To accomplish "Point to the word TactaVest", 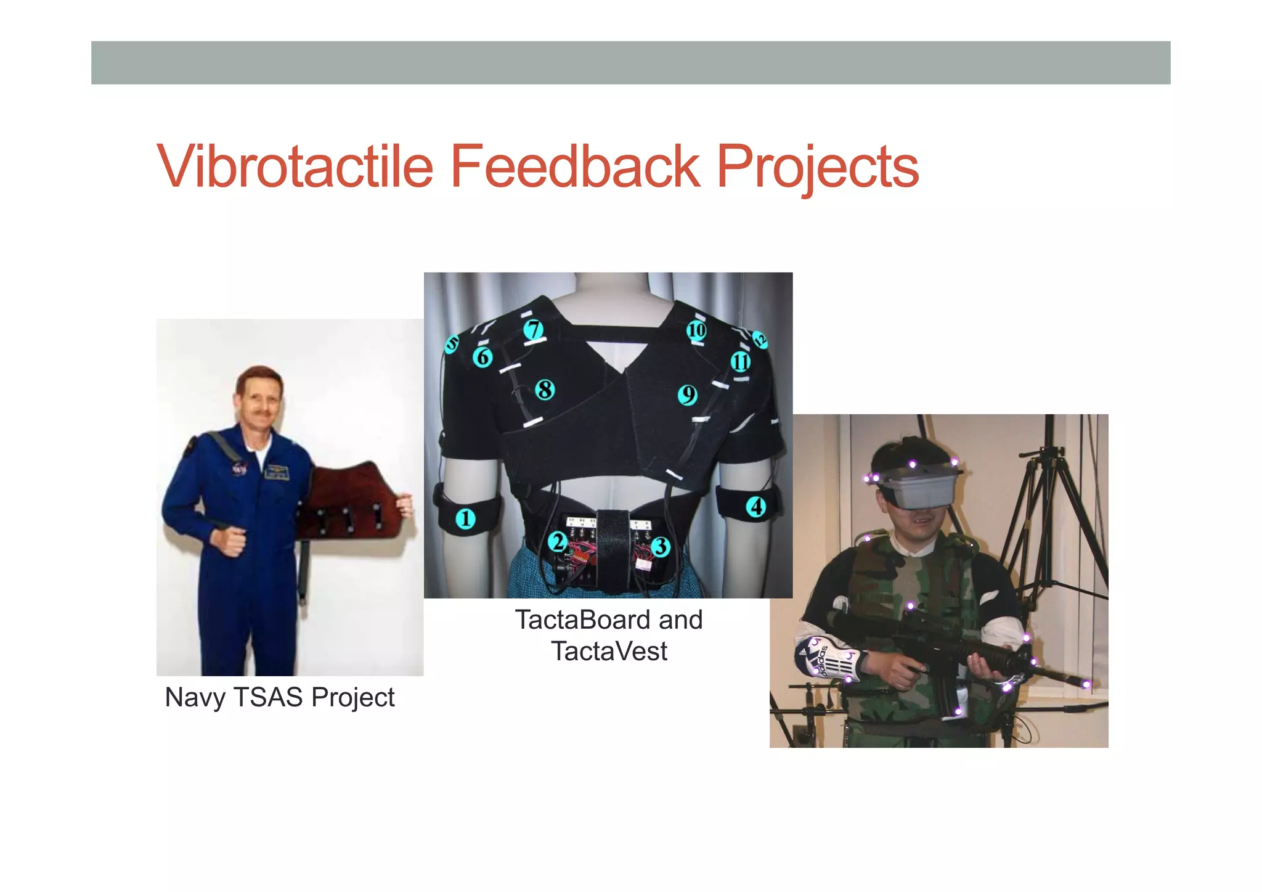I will [609, 652].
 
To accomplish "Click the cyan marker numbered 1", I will [466, 518].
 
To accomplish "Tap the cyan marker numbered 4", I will [756, 507].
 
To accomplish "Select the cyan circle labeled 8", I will [545, 390].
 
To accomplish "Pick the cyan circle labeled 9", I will [687, 395].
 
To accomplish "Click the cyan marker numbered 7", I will [534, 330].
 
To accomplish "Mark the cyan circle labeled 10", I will [696, 330].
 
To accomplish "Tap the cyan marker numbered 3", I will [661, 546].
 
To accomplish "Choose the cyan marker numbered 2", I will [558, 542].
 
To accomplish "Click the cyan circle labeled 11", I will [740, 362].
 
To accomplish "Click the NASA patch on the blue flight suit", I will [239, 470].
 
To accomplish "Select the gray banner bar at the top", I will [630, 63].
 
